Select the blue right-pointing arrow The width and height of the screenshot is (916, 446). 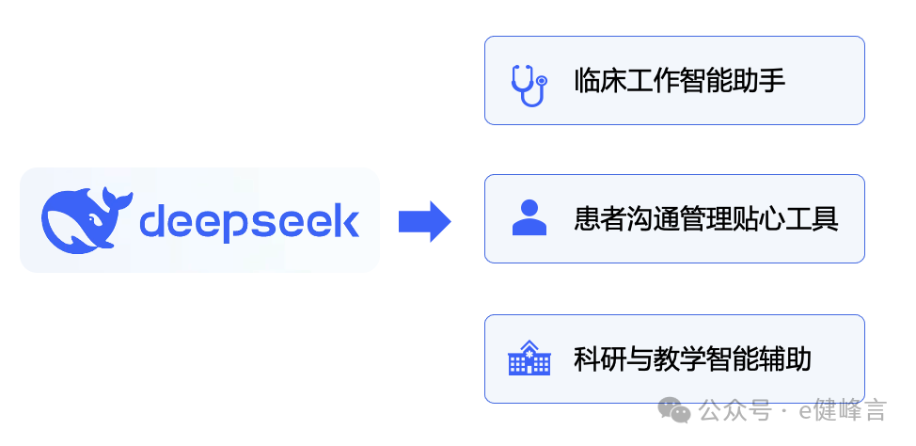click(x=424, y=221)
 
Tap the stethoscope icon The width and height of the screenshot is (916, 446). click(x=529, y=83)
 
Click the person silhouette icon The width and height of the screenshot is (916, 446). click(x=529, y=217)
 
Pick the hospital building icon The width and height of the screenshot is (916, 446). click(x=529, y=359)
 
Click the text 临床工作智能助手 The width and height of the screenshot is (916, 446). click(x=680, y=81)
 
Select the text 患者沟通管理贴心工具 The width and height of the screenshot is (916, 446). click(x=706, y=219)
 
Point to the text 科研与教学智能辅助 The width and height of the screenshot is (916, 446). click(x=693, y=359)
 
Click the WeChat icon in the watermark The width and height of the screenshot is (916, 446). click(x=673, y=409)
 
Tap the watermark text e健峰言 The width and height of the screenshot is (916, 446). click(x=843, y=411)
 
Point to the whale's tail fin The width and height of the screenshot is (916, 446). click(x=117, y=199)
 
